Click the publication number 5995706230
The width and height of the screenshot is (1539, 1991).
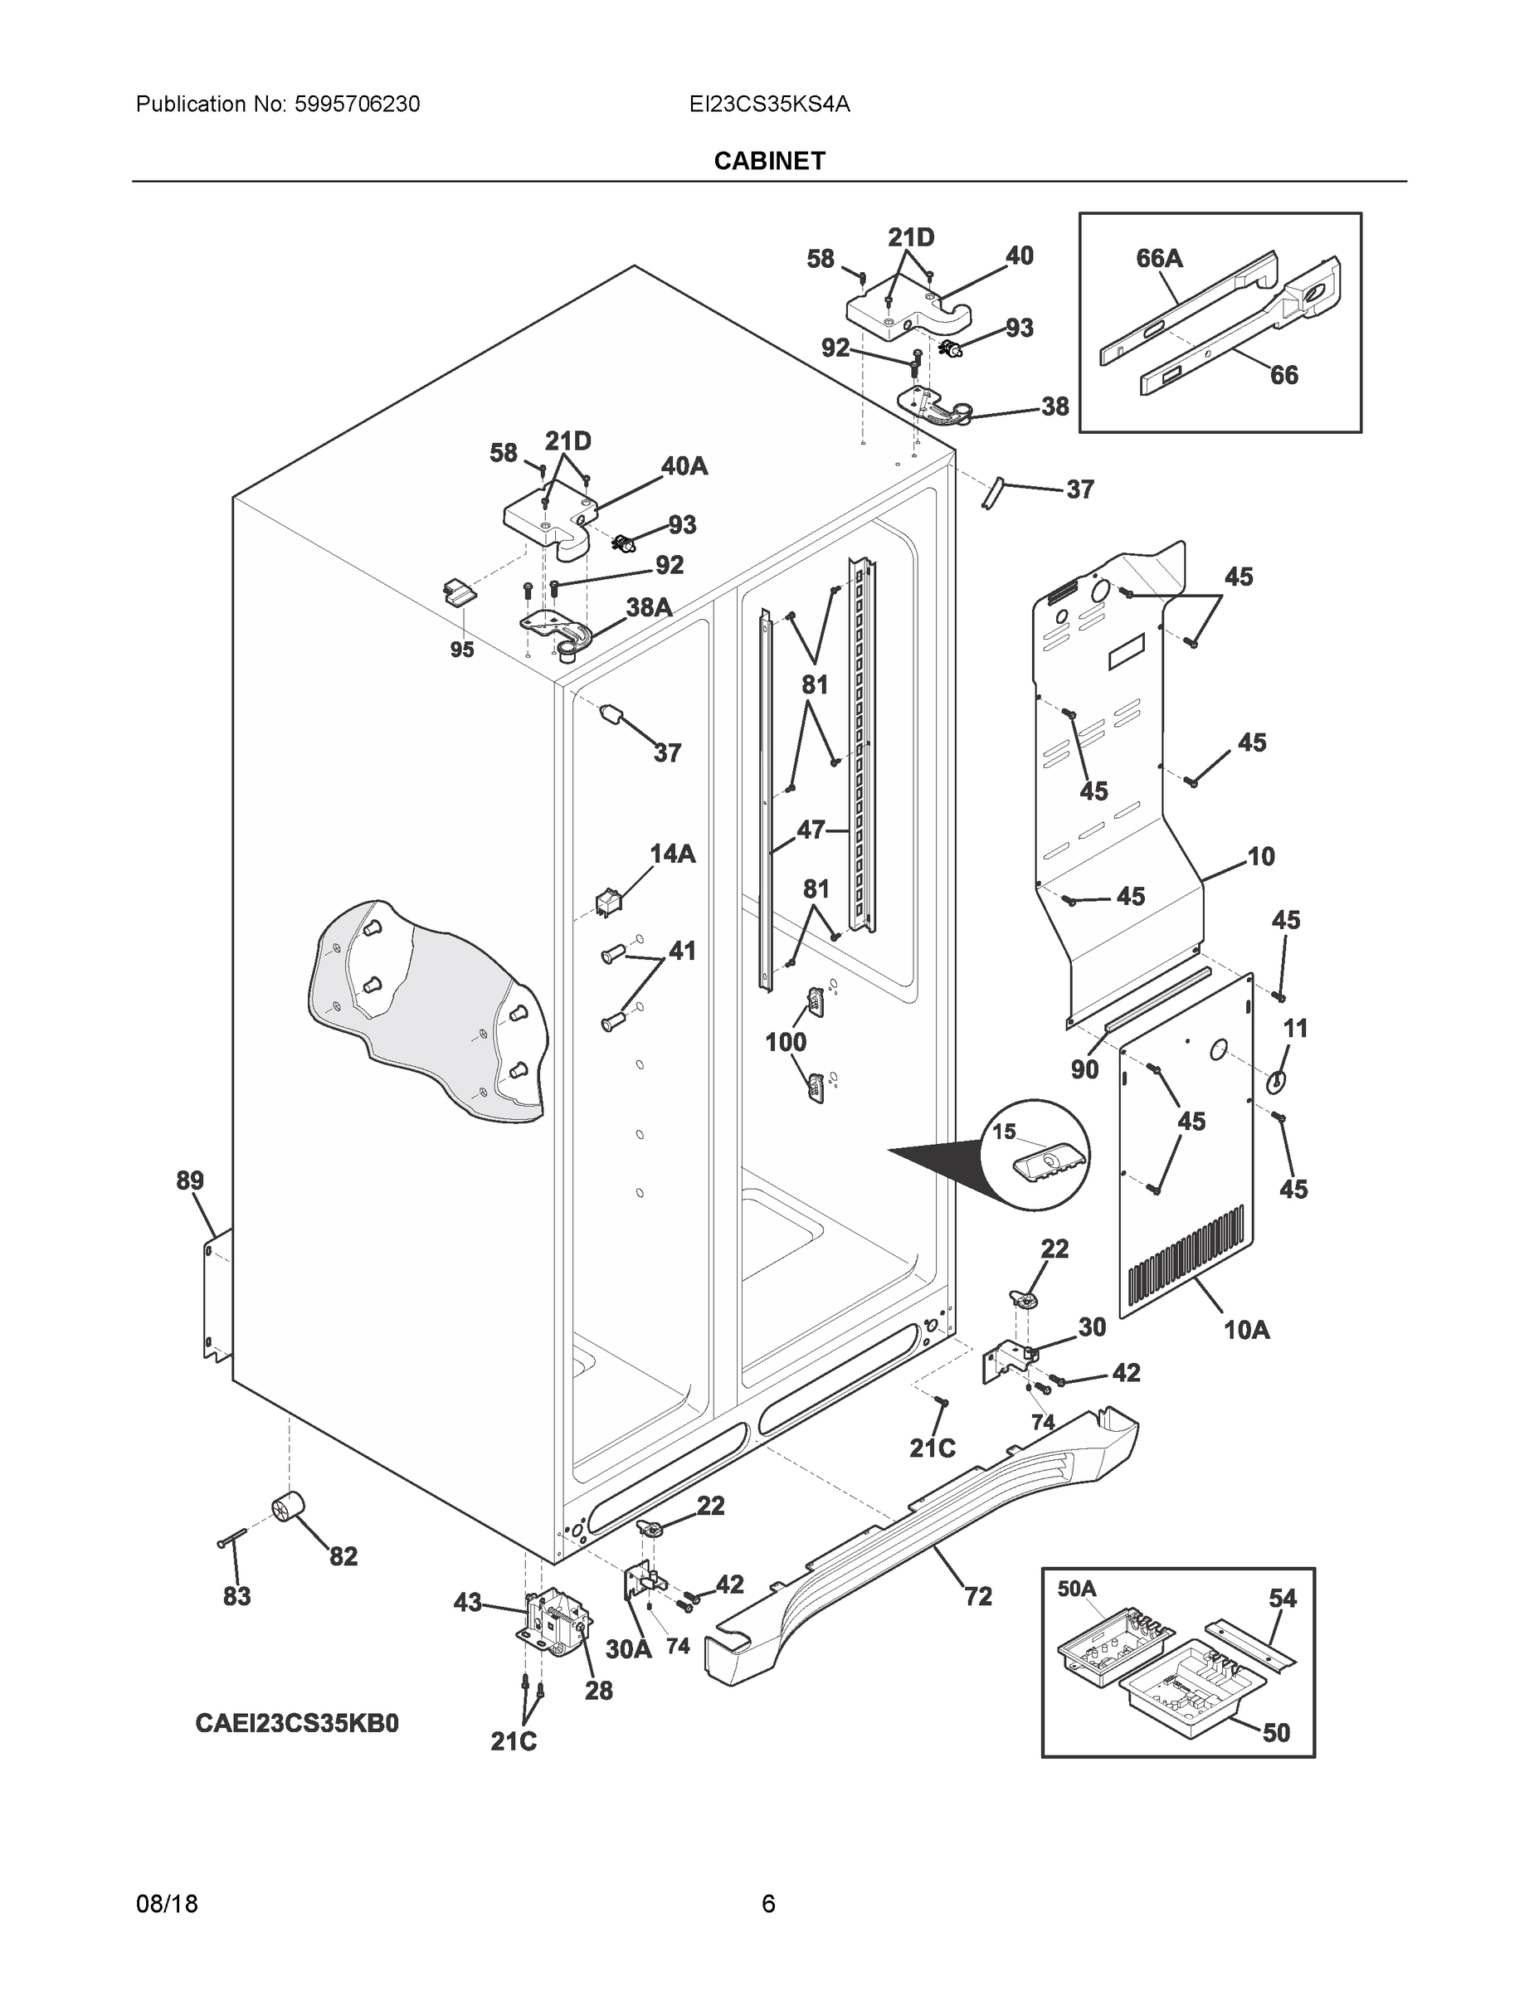357,105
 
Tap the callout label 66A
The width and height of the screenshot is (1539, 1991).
1159,259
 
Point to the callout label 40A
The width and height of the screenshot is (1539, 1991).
684,467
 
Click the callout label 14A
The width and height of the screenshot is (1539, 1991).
672,854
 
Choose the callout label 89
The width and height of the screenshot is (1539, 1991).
190,1180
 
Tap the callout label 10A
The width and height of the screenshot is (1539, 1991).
1246,1330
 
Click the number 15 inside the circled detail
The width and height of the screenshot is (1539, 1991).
1004,1132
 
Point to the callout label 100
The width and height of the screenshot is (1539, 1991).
785,1042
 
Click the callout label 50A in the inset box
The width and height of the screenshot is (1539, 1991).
1077,1589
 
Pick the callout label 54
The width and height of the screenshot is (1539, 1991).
1283,1598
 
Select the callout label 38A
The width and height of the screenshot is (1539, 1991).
648,607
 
